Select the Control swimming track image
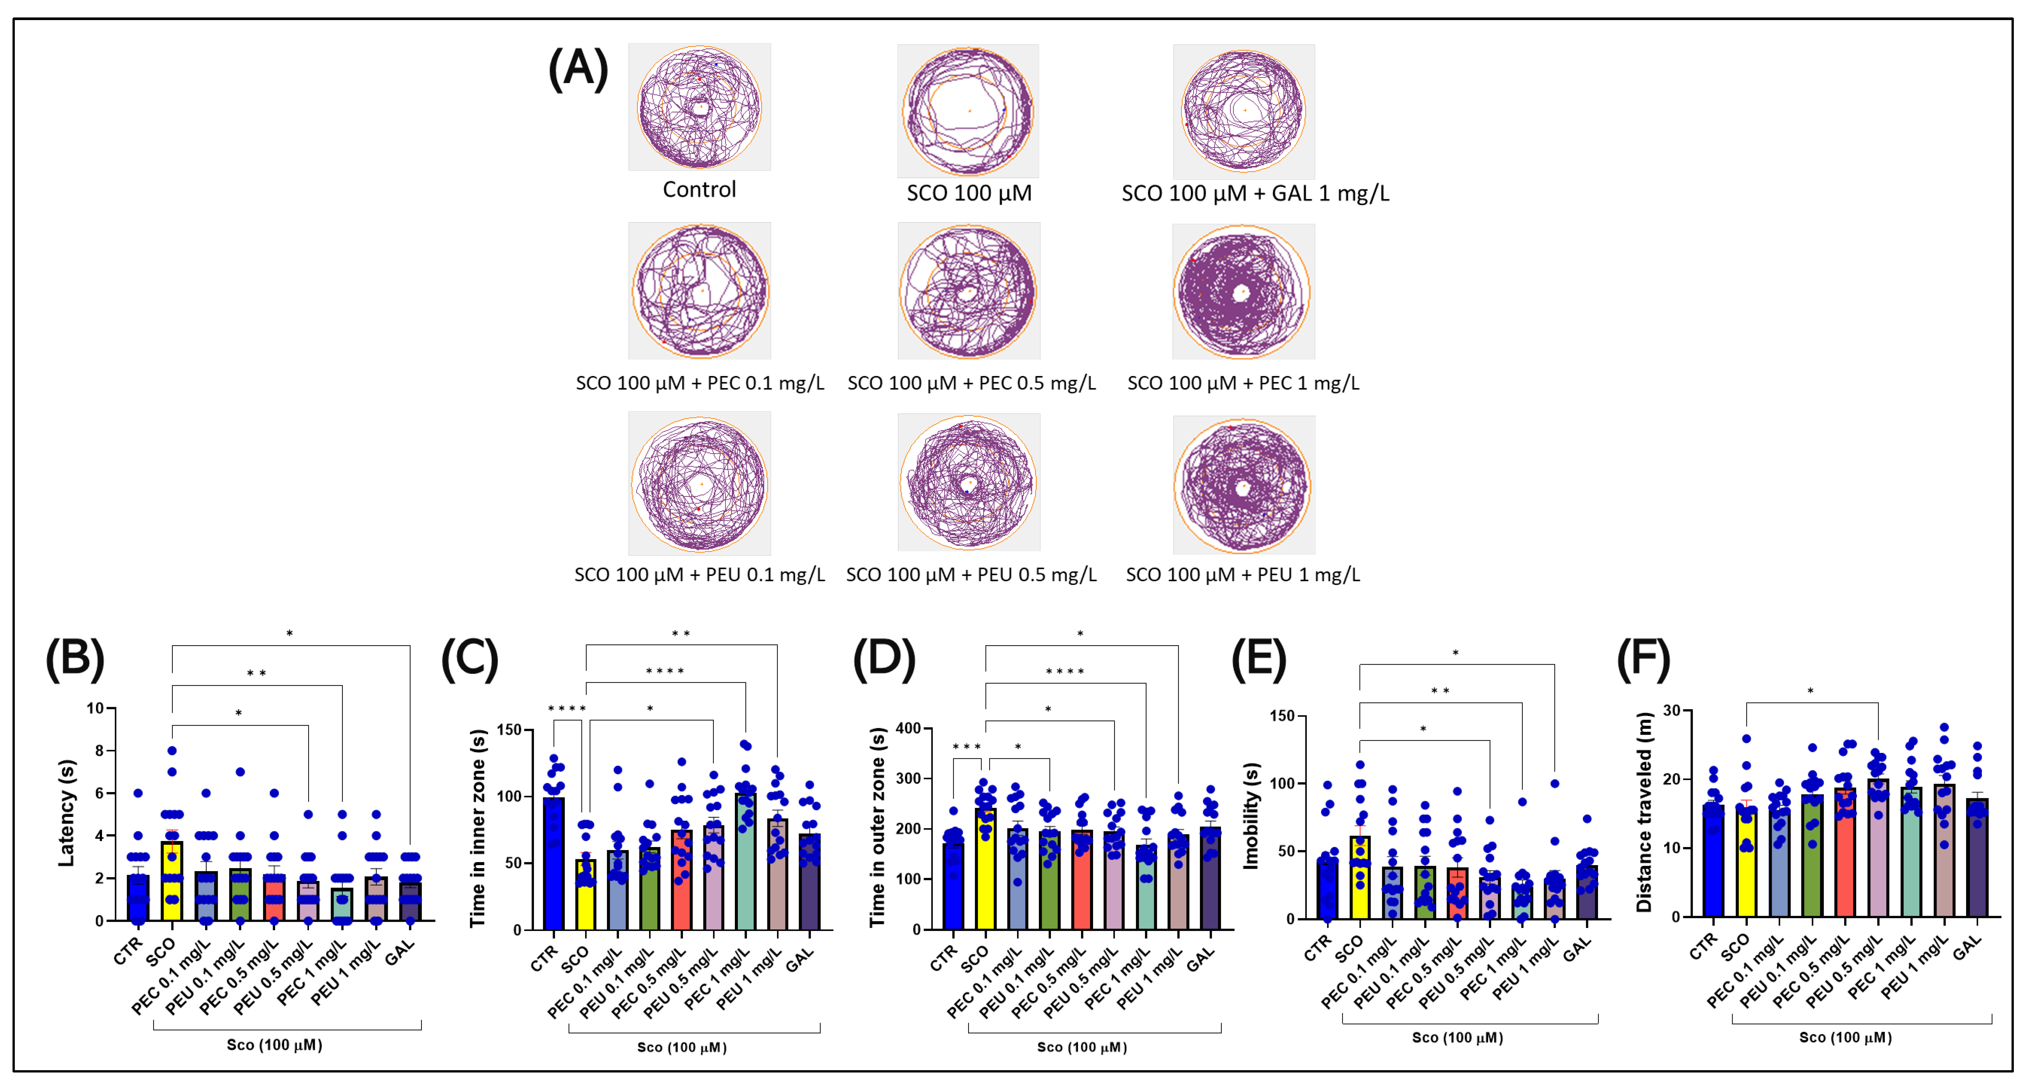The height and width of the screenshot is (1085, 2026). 699,107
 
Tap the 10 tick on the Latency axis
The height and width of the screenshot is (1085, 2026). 95,708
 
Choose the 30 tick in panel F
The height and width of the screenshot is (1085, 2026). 1670,710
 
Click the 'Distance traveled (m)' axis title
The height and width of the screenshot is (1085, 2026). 1644,812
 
